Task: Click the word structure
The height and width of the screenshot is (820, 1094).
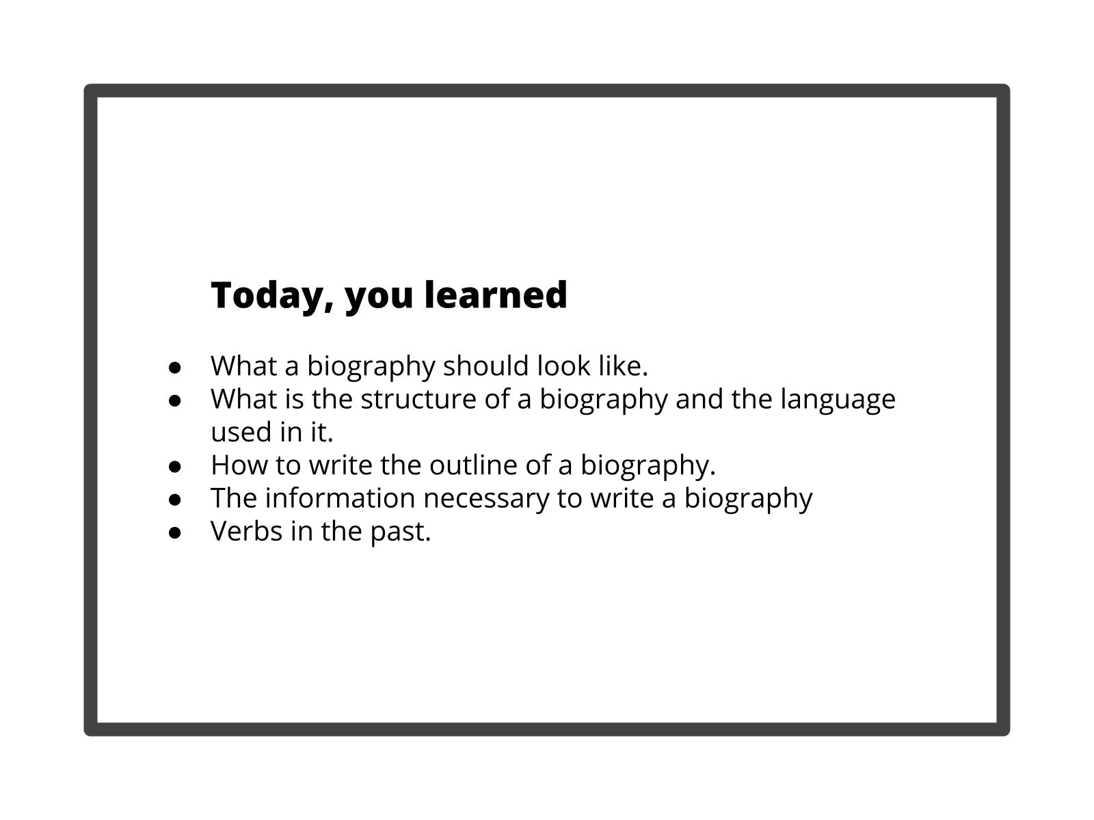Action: point(418,399)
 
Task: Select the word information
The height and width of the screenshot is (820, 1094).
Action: point(340,498)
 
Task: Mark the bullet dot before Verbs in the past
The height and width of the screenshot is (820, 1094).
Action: point(175,533)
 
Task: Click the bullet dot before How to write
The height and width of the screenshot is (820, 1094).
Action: point(175,467)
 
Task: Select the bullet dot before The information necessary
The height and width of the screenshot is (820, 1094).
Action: point(175,500)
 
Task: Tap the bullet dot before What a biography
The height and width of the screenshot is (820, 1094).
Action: point(175,368)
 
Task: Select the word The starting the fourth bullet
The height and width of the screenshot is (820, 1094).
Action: point(234,498)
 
